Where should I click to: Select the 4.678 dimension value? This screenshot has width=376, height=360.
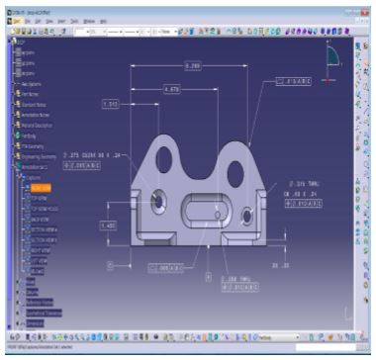[x=170, y=90]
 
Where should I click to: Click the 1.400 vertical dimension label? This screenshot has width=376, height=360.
[x=108, y=225]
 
